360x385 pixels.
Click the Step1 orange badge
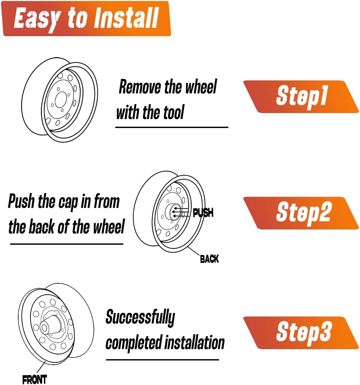click(x=301, y=96)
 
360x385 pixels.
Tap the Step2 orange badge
click(x=301, y=213)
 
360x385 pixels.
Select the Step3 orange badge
click(x=301, y=332)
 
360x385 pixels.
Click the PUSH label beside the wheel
click(x=203, y=213)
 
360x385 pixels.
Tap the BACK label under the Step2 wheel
click(x=209, y=259)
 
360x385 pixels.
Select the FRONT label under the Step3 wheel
click(x=34, y=379)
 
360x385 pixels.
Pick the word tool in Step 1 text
click(x=173, y=112)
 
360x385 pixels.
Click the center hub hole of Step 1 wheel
click(x=61, y=99)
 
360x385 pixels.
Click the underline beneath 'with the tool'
click(x=171, y=127)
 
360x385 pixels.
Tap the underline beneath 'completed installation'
click(x=162, y=359)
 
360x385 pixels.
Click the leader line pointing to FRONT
click(x=40, y=368)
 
